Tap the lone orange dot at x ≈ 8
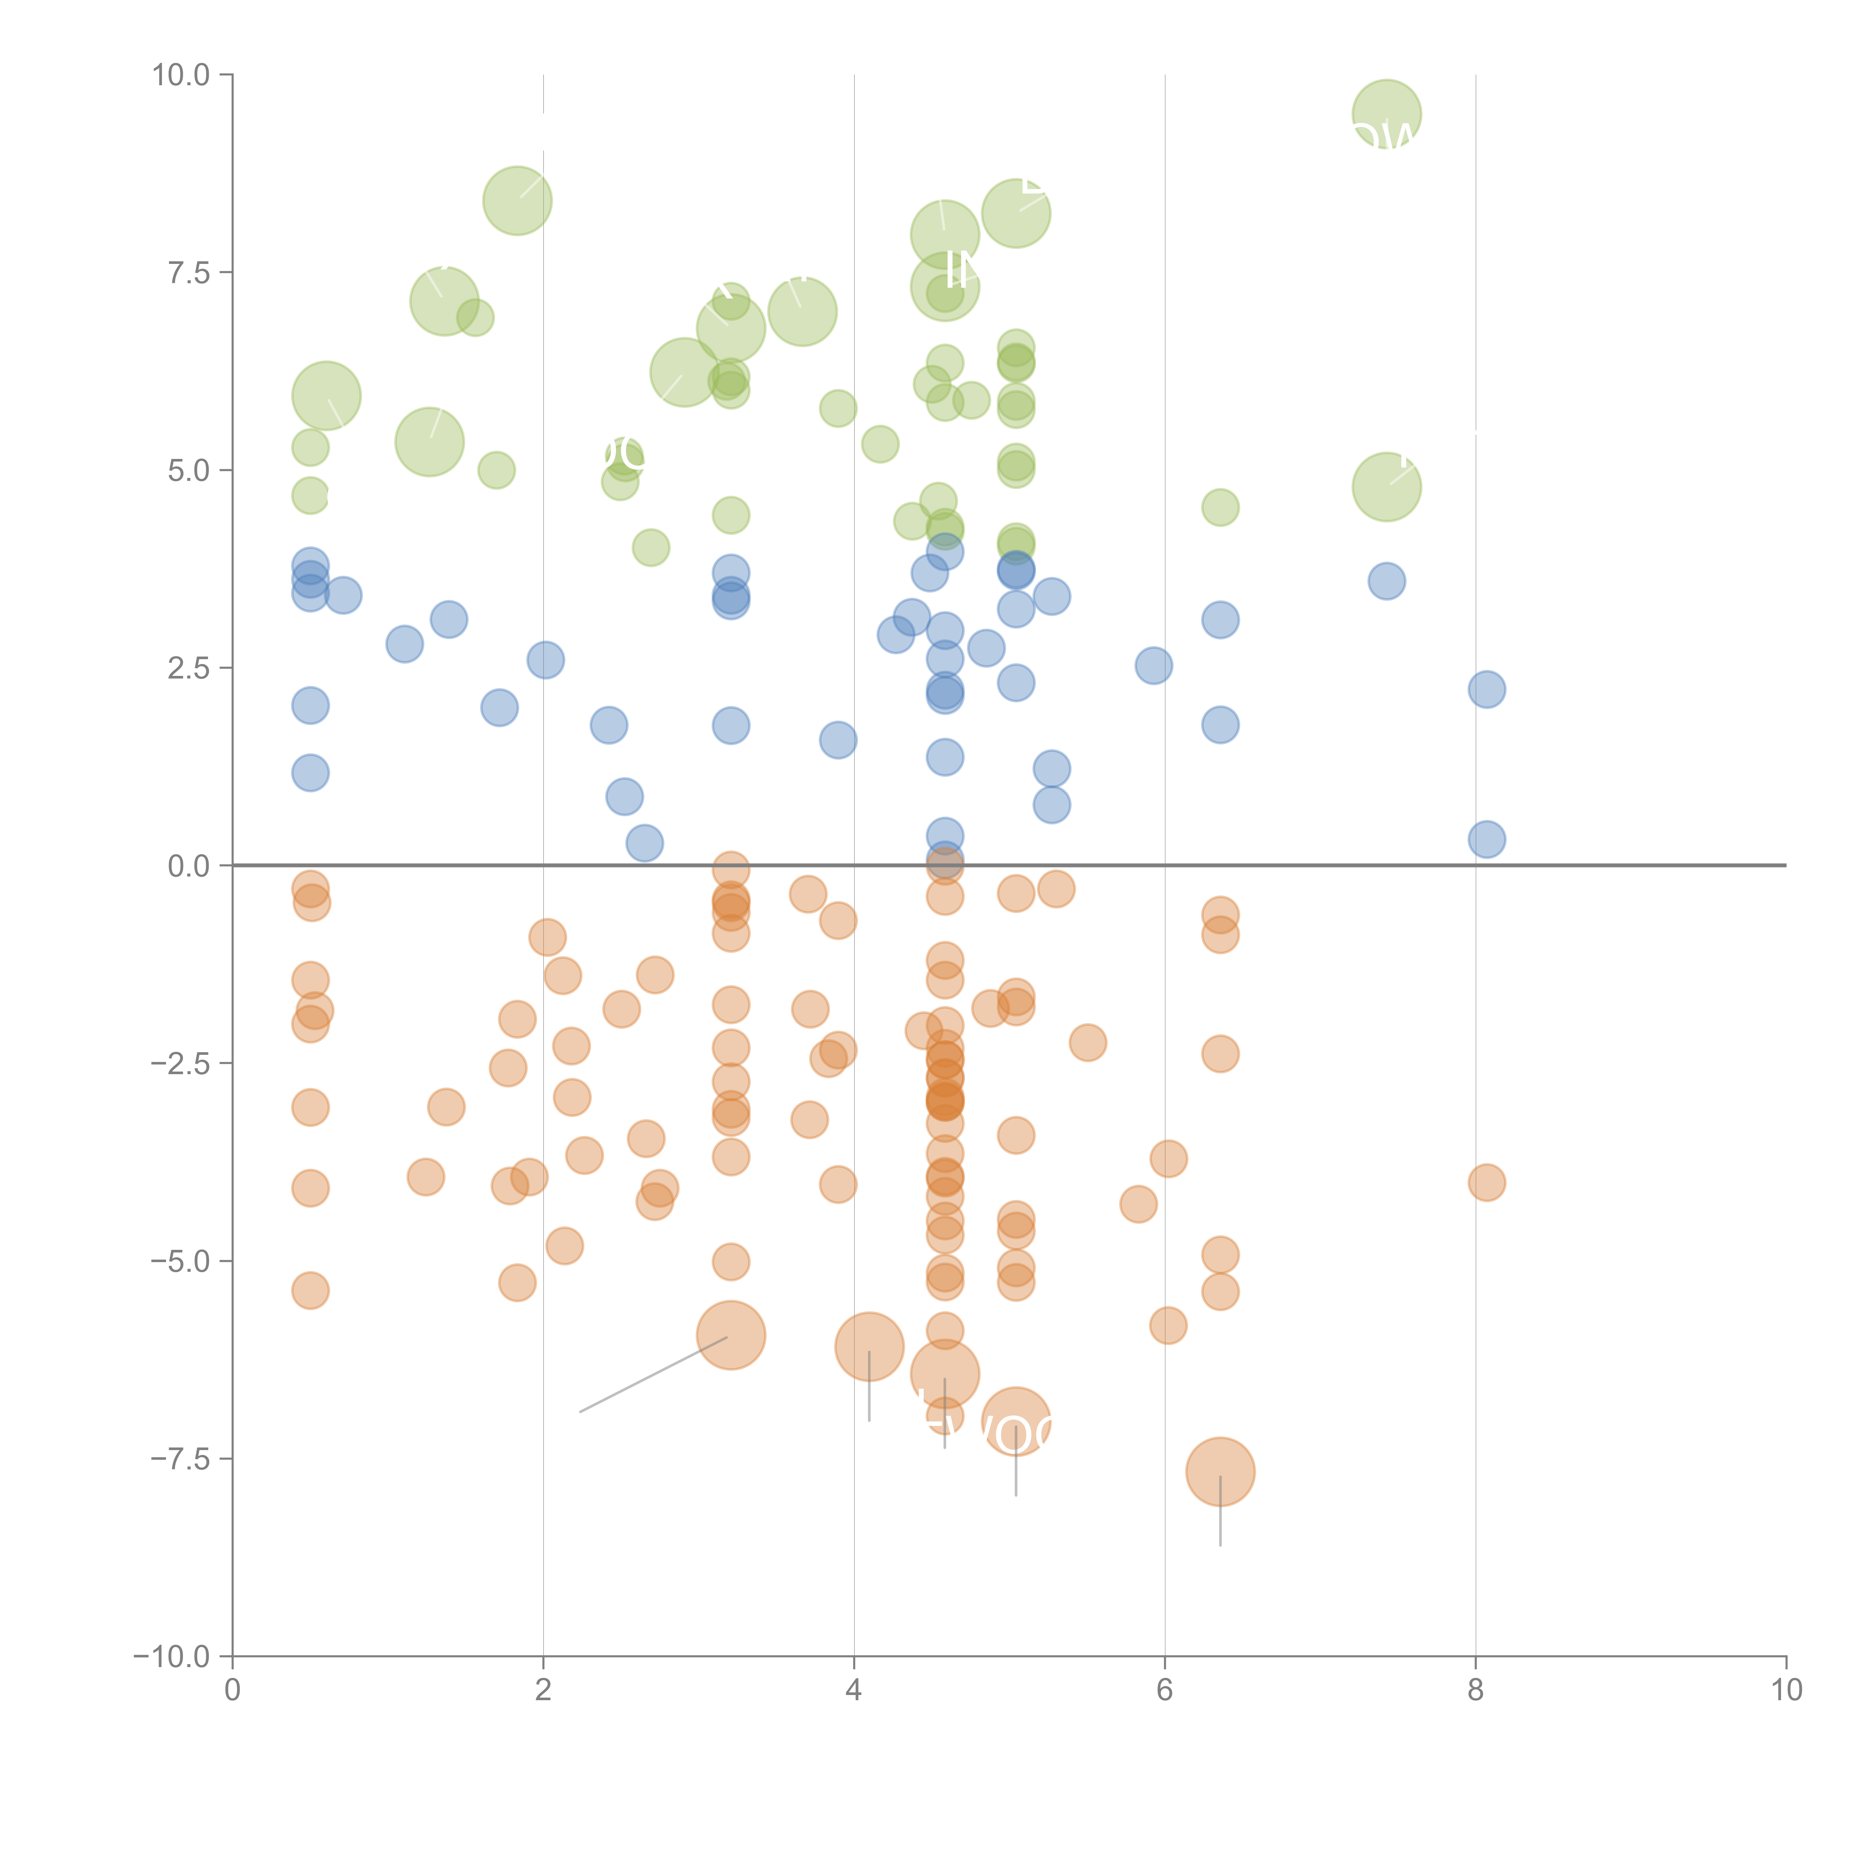point(1486,1182)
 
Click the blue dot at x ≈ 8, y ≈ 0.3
point(1486,839)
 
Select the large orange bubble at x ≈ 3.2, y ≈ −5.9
point(731,1335)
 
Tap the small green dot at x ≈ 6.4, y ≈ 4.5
point(1220,508)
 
